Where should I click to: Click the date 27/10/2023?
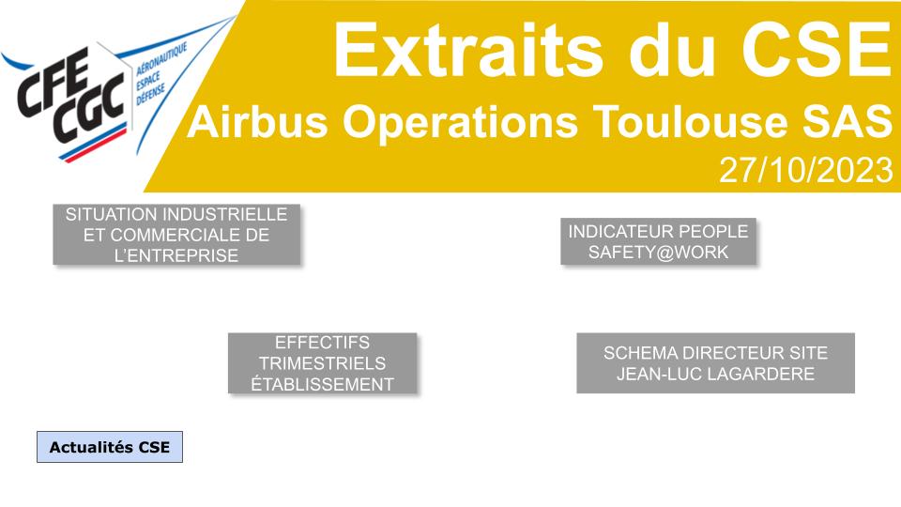[804, 170]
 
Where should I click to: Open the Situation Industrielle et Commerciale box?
[176, 235]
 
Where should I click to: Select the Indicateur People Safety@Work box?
[658, 241]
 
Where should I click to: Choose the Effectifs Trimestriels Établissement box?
[322, 363]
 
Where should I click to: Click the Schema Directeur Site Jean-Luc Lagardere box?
[715, 363]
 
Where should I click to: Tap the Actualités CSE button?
[110, 447]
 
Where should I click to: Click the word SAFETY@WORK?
[658, 253]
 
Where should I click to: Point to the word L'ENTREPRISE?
[176, 255]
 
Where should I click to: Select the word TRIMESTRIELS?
[322, 363]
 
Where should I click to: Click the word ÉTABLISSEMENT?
[322, 384]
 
